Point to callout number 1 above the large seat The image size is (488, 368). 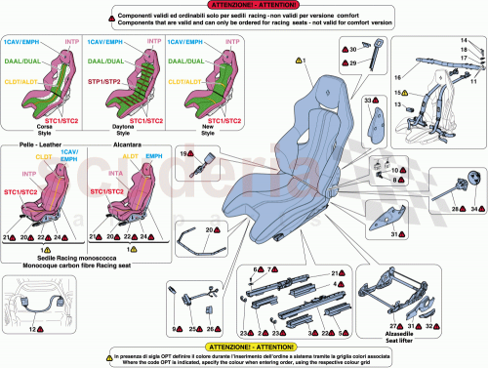(304, 61)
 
